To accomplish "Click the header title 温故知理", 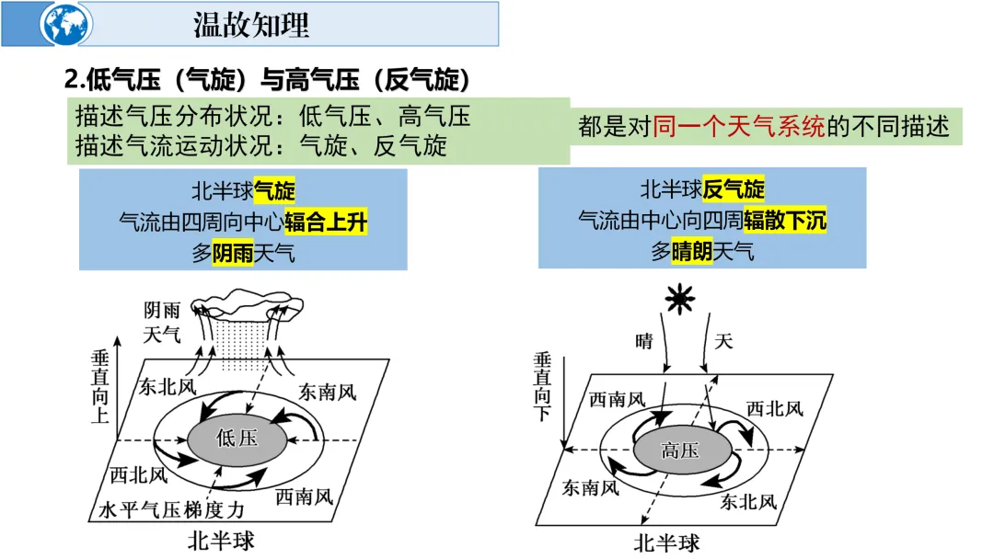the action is [250, 25].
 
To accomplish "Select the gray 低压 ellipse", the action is [237, 437].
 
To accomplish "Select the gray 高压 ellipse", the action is [681, 450].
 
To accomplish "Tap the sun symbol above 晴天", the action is [680, 299].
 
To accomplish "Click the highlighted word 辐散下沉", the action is [785, 221].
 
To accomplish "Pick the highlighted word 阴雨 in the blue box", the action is [233, 253].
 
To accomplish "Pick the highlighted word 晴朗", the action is [692, 251].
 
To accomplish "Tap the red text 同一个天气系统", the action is [739, 126].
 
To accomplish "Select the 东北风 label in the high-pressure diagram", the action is [748, 501].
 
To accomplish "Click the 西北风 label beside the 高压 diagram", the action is [774, 408].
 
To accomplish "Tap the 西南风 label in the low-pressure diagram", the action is [304, 497].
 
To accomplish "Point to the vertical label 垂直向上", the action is [100, 387].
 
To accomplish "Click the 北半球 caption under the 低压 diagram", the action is [221, 539].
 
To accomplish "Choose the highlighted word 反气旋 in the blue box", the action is [734, 190].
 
